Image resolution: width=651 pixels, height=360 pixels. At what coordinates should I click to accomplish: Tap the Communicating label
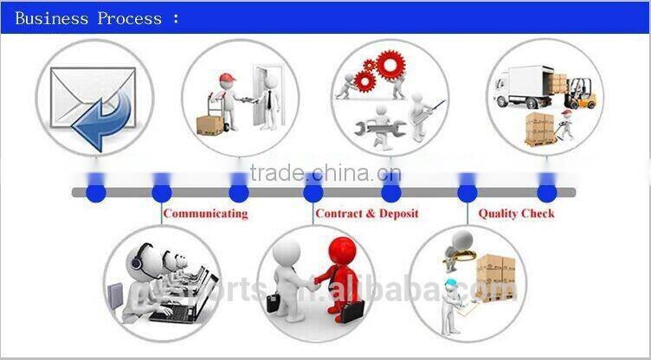[205, 213]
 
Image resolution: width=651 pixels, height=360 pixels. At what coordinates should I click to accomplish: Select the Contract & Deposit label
[366, 213]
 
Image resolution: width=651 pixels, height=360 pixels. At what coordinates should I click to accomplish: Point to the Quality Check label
[516, 213]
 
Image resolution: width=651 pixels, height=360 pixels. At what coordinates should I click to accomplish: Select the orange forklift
[586, 93]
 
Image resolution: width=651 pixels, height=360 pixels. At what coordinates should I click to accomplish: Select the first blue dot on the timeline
[96, 192]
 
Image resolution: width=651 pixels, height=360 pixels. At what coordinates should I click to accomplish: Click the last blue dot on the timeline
[545, 192]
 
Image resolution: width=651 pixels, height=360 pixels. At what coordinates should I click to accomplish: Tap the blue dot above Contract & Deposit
[314, 192]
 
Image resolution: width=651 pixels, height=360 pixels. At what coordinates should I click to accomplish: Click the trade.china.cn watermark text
[325, 172]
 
